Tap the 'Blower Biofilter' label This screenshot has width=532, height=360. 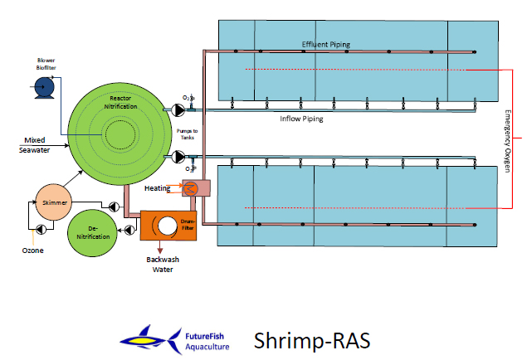[x=46, y=64]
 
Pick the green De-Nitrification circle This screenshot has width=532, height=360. [x=93, y=232]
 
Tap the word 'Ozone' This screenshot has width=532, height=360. [x=33, y=251]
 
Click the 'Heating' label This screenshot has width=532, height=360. [x=158, y=188]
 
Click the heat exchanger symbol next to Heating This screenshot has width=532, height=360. [x=190, y=188]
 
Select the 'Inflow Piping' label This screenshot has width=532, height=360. [x=301, y=119]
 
